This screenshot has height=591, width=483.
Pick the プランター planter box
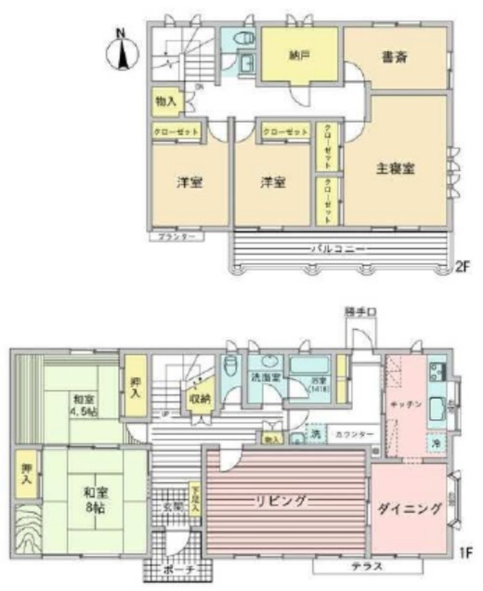(176, 237)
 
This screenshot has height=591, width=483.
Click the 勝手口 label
(360, 312)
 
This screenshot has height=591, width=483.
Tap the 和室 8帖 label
(95, 501)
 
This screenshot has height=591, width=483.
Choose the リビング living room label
(280, 501)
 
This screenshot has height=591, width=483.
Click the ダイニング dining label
(410, 508)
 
